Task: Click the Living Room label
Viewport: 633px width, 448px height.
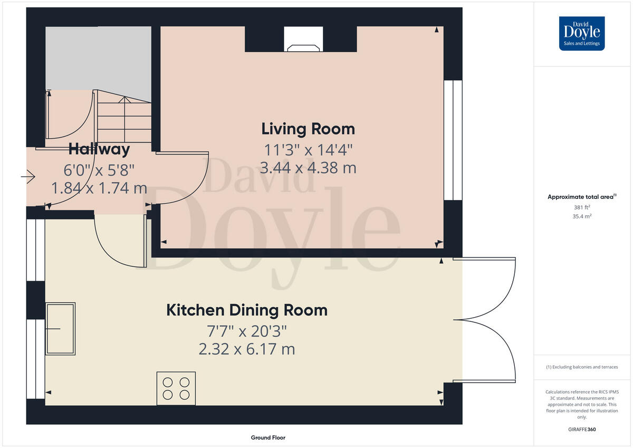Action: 308,129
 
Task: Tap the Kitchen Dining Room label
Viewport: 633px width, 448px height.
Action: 247,310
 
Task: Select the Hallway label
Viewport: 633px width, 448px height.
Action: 99,149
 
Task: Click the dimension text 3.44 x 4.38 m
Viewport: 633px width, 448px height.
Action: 308,168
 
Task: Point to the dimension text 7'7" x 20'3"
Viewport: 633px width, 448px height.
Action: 247,331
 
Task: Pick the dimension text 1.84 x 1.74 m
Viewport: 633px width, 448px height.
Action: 99,188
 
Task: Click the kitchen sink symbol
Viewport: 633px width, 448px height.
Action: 60,328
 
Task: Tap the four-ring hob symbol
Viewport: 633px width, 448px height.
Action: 176,388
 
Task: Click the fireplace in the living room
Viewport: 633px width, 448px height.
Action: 303,40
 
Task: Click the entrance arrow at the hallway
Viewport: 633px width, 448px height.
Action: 28,177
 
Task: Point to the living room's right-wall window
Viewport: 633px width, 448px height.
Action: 453,140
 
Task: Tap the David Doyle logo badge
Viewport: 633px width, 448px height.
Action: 582,33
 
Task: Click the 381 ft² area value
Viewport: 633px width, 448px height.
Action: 582,207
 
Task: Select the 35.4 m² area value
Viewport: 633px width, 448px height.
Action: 582,216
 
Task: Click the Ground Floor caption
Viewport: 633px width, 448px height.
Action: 268,437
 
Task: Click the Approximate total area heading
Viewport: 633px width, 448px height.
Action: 581,197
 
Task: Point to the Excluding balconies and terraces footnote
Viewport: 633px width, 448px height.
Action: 582,367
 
